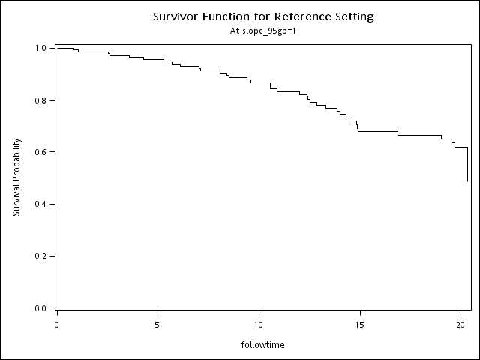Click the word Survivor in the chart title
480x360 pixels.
pyautogui.click(x=177, y=16)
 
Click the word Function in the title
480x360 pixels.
pyautogui.click(x=232, y=16)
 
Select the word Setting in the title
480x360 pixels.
pyautogui.click(x=353, y=16)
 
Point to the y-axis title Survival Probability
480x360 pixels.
pyautogui.click(x=16, y=178)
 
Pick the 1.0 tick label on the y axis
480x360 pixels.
pyautogui.click(x=41, y=48)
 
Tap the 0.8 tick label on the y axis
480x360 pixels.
pyautogui.click(x=41, y=100)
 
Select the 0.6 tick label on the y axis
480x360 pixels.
pyautogui.click(x=41, y=152)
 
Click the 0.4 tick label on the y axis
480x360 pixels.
pyautogui.click(x=41, y=204)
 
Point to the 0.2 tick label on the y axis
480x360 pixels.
pyautogui.click(x=41, y=256)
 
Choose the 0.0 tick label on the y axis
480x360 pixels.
pyautogui.click(x=41, y=307)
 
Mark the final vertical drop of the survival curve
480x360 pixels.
pyautogui.click(x=468, y=165)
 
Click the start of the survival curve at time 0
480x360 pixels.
pyautogui.click(x=57, y=48)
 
